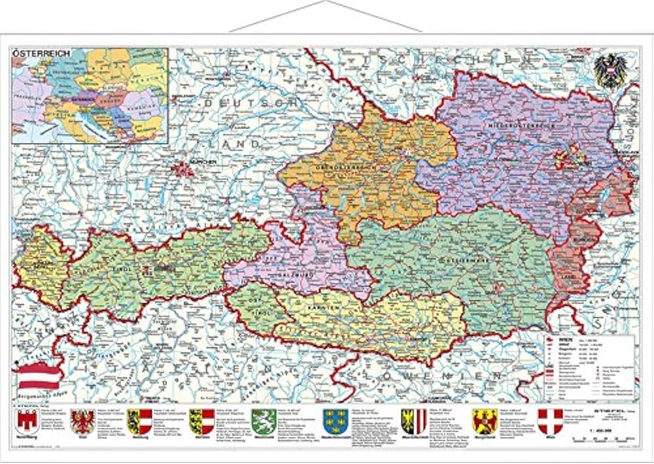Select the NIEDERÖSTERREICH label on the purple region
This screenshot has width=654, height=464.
(521, 124)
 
